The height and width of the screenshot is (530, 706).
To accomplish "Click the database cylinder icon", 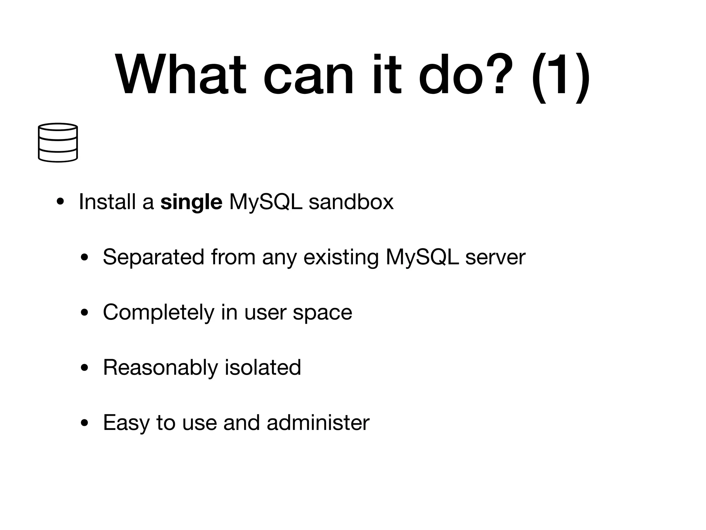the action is coord(58,142).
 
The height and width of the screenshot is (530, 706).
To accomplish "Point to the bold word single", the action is coord(191,202).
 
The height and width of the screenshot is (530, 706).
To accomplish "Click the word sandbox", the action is coord(351,202).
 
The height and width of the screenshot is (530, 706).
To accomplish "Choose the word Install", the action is coord(107,202).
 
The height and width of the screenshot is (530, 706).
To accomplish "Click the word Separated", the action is coord(153,257).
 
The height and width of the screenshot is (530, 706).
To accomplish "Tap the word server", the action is coord(495,257).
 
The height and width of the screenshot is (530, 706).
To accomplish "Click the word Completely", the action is coord(159,313).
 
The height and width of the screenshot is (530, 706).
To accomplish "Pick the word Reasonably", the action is coord(160,368).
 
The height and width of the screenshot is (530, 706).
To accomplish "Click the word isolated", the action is coord(263,367).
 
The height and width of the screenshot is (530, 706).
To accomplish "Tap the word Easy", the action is coord(126,423).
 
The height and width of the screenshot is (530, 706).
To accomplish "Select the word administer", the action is coord(318,422).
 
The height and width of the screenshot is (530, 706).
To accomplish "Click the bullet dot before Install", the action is coord(60,202).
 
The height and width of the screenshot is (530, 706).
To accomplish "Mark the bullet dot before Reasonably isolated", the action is coord(84,368).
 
